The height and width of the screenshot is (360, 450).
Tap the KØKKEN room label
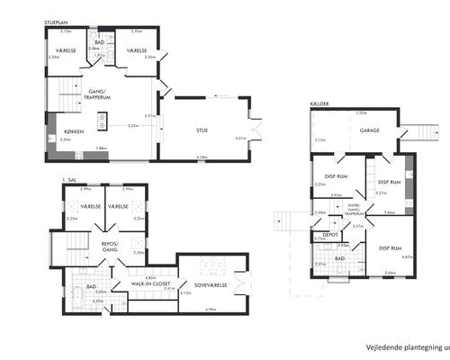click(75, 132)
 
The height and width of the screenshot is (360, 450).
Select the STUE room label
click(202, 131)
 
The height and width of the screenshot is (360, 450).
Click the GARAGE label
click(369, 131)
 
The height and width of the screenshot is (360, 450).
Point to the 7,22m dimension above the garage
click(361, 113)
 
